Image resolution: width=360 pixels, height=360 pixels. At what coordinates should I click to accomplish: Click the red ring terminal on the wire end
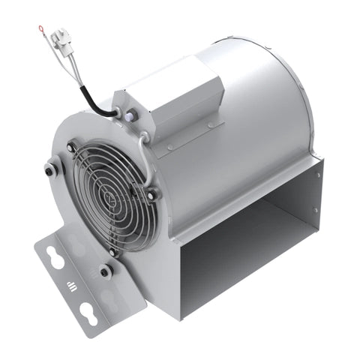(42, 29)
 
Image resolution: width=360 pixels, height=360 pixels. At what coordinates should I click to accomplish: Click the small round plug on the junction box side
(132, 114)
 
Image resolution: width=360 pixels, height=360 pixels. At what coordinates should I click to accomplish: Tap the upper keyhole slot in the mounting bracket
(55, 257)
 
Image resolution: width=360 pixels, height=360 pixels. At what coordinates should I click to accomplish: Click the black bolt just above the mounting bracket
(106, 270)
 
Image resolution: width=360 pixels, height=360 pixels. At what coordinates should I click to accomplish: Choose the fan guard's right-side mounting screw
(153, 194)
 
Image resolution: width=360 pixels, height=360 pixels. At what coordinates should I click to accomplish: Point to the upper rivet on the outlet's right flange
(319, 175)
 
